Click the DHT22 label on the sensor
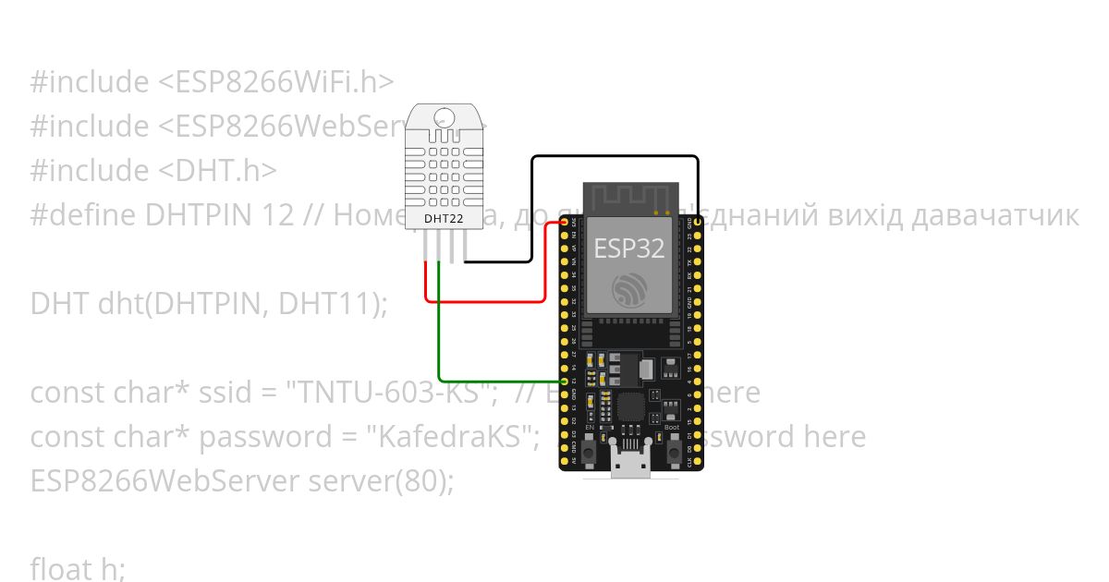click(x=444, y=219)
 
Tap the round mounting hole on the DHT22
click(x=445, y=117)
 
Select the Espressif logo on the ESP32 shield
click(x=630, y=289)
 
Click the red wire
click(x=485, y=300)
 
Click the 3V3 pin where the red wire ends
click(x=564, y=224)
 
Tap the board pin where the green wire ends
click(x=564, y=381)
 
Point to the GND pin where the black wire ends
click(x=697, y=224)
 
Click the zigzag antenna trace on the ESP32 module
click(x=629, y=195)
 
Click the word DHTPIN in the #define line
click(x=198, y=215)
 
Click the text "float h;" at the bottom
click(x=78, y=569)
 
